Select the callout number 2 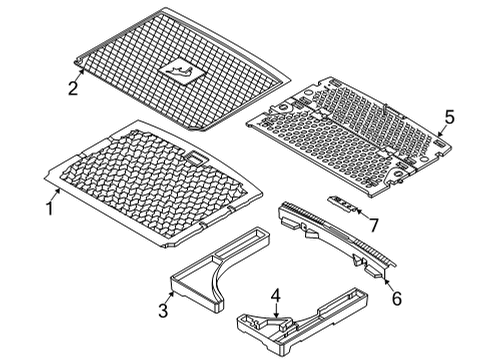(x=72, y=89)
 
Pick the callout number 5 (x=450, y=118)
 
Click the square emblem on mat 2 (x=180, y=71)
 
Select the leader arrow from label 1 (x=58, y=196)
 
